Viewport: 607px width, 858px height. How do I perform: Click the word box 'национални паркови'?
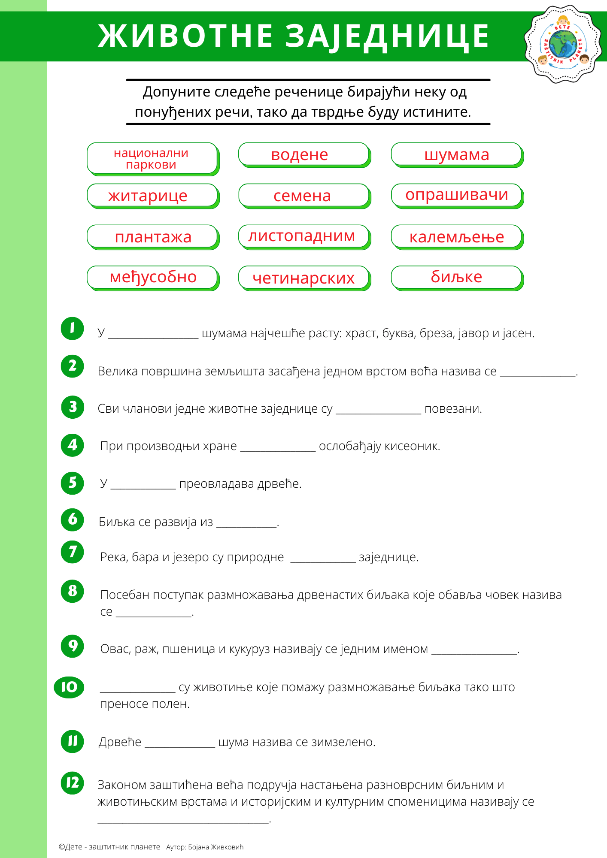pos(152,158)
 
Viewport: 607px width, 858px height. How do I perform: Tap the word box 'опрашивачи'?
pos(456,195)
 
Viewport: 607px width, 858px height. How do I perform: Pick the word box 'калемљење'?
pos(456,236)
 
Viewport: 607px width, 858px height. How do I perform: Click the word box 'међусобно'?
pos(153,277)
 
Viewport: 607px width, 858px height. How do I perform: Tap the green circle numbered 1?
pos(72,328)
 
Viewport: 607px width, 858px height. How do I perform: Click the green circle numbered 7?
pos(72,552)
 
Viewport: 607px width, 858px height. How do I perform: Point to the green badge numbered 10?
pos(69,687)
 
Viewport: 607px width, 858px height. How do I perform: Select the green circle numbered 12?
pos(72,782)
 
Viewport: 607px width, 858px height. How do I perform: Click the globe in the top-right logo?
pos(562,44)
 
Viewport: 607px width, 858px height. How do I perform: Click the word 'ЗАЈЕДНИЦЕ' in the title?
pos(387,36)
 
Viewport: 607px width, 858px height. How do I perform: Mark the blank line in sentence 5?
pos(143,488)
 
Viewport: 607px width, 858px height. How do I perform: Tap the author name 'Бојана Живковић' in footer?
pos(215,847)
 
